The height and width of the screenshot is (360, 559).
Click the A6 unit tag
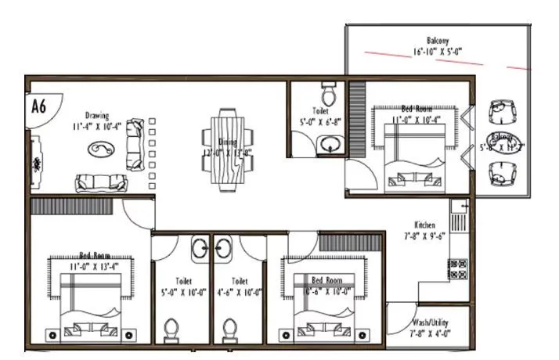(38, 106)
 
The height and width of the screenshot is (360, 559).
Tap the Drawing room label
(97, 116)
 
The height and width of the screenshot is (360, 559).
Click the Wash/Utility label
(429, 322)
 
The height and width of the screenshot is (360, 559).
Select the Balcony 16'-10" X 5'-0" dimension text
(438, 52)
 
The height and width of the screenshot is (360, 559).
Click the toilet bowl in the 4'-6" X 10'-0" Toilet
(229, 329)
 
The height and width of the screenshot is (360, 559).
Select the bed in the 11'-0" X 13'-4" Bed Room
(88, 302)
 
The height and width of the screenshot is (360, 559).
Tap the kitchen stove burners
(456, 270)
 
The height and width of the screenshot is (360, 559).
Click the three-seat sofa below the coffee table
(102, 183)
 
